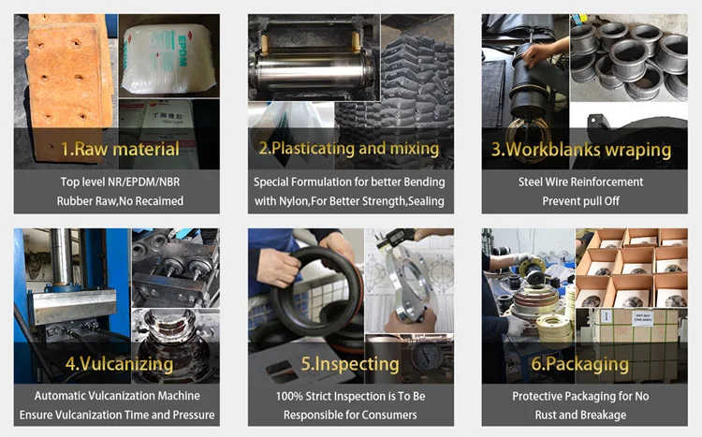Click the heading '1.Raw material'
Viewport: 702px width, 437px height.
coord(120,149)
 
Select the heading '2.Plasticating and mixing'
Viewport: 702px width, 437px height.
coord(349,148)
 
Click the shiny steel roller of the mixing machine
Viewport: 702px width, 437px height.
coord(313,73)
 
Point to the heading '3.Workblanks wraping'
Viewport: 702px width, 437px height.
coord(581,150)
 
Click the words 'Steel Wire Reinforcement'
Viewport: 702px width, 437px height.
coord(580,182)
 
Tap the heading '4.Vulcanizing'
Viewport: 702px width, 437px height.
coord(119,364)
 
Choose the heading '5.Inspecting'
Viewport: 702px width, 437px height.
coord(350,364)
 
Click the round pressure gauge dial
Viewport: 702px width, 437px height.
coord(423,357)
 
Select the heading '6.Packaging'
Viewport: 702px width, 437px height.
coord(579,364)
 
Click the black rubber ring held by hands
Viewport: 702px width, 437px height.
coord(314,291)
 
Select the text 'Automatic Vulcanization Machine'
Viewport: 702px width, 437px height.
coord(117,396)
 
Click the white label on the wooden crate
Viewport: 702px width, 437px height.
coord(642,319)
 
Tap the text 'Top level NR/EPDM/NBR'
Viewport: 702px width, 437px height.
coord(120,182)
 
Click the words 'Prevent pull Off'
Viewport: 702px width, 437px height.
coord(580,201)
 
